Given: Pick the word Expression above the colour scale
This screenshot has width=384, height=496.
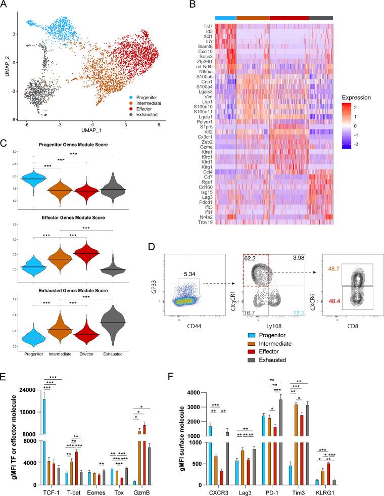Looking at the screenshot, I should coord(356,97).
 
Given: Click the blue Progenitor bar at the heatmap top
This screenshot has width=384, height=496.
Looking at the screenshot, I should coord(225,18).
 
